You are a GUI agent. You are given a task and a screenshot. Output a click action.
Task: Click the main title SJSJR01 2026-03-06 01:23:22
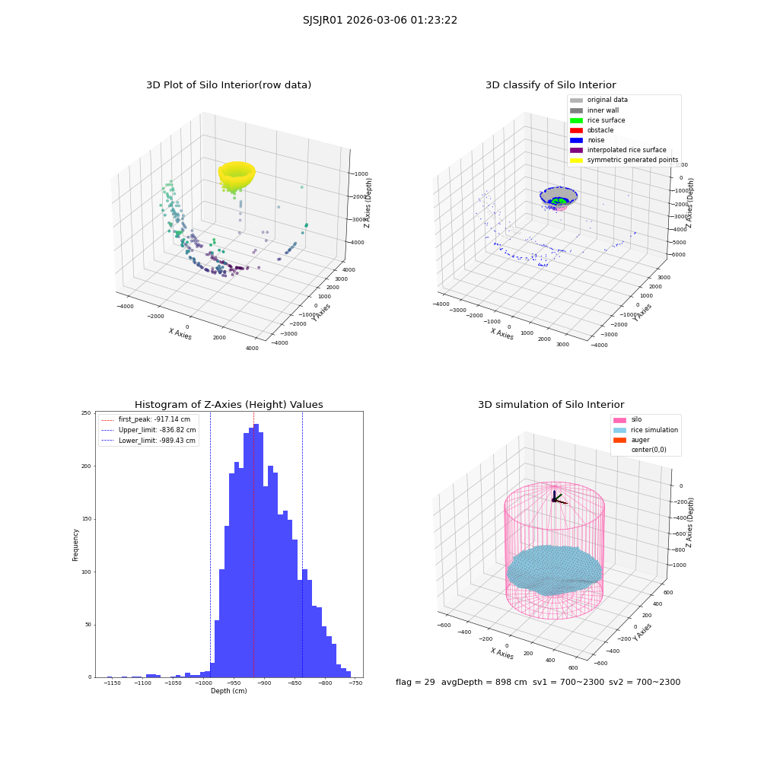tap(380, 20)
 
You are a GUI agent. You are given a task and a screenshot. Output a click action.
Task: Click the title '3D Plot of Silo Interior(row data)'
tap(228, 85)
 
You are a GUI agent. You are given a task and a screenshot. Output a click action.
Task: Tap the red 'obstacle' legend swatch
tap(576, 130)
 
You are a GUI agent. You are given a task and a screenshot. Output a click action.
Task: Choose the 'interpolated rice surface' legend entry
tap(618, 150)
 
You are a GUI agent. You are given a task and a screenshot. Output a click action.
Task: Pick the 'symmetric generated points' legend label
tap(633, 160)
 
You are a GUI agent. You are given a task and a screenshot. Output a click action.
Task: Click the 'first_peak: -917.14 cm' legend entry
tap(146, 419)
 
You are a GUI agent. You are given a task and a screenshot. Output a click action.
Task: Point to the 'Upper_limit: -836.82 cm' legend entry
tap(148, 430)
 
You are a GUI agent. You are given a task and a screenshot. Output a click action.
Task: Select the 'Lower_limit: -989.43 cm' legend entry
tap(148, 441)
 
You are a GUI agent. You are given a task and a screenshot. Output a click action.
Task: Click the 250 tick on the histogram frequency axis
tap(86, 413)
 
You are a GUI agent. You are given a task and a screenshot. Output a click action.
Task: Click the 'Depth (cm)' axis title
tap(228, 691)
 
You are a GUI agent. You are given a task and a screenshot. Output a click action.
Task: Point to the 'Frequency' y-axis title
tap(75, 545)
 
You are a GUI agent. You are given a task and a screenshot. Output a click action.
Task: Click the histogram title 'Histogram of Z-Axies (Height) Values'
tap(228, 405)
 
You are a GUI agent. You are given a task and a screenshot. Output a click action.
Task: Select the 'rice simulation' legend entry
tap(645, 430)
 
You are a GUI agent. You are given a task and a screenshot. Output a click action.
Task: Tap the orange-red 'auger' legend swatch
tap(619, 440)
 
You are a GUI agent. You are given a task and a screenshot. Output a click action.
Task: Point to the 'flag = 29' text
tap(415, 682)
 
